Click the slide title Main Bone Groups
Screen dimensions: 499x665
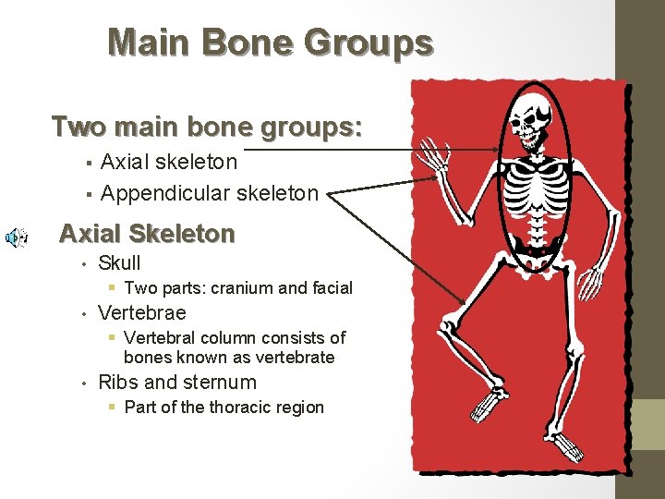tap(270, 43)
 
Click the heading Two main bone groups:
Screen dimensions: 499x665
tap(207, 126)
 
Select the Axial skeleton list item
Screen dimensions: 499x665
tap(168, 162)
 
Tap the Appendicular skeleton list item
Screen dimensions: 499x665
tap(209, 193)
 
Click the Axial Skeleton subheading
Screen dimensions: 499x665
tap(147, 234)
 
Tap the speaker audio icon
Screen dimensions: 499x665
tap(16, 237)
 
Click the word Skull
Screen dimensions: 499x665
tap(119, 263)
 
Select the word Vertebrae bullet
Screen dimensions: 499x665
tap(141, 313)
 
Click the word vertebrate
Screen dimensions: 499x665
tap(294, 358)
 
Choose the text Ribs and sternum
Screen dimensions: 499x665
tap(176, 383)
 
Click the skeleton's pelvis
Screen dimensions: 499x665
tap(536, 245)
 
